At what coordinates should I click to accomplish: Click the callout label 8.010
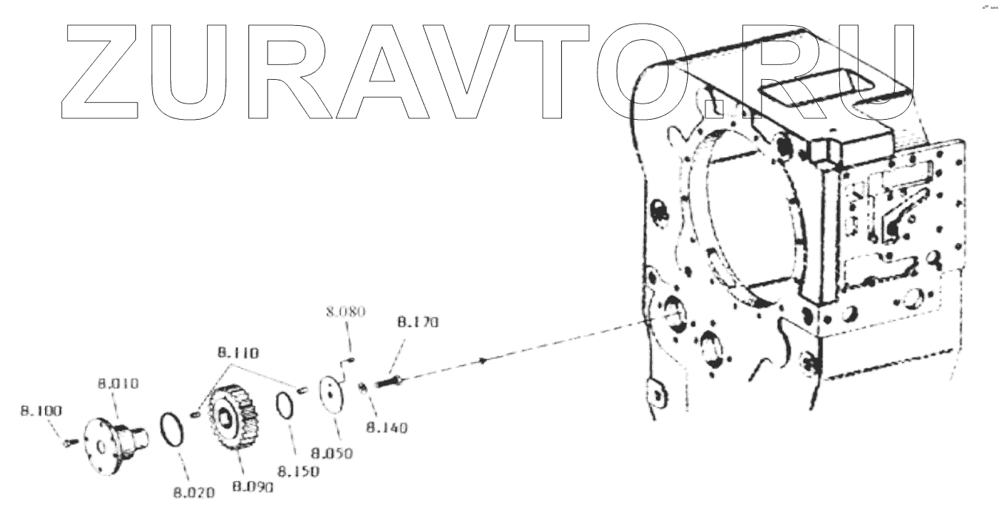(118, 384)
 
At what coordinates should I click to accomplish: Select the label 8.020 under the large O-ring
(194, 493)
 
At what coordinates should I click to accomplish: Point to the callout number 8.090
(253, 486)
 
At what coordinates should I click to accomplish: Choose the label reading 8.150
(298, 471)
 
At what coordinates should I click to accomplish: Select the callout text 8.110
(238, 354)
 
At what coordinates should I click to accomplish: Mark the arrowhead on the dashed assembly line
(482, 361)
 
